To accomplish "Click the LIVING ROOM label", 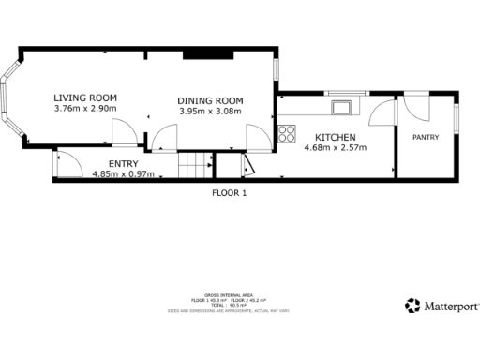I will [84, 97].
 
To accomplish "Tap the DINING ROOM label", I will [211, 101].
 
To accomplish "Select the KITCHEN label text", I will [335, 137].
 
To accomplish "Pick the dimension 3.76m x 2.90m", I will [84, 109].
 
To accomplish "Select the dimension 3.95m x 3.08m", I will [211, 112].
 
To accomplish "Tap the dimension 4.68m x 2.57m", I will [335, 147].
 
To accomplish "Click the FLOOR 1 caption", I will [231, 193].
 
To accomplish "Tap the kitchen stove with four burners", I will [288, 131].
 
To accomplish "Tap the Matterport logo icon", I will [412, 306].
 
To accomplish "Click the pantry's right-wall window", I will [457, 119].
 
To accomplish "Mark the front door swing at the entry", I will [66, 166].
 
